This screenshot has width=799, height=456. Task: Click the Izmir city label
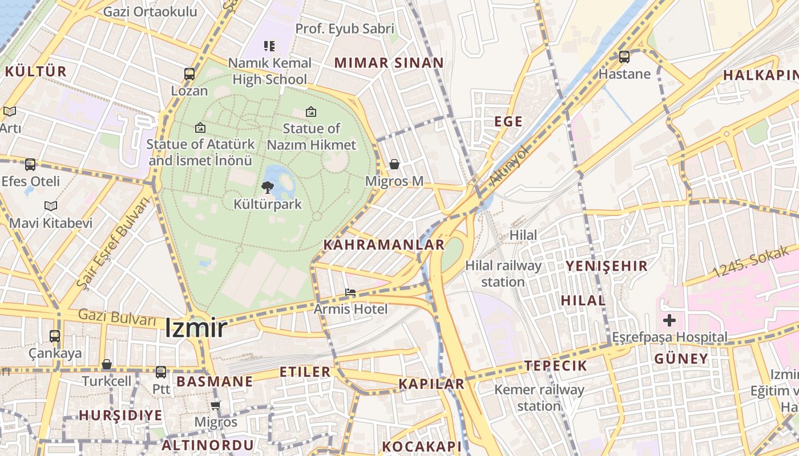click(x=196, y=328)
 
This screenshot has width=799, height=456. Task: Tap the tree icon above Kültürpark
click(x=267, y=187)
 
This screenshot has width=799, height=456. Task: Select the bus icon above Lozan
click(x=189, y=74)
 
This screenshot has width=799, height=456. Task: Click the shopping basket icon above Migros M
click(x=394, y=164)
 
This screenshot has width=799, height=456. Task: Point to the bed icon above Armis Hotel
click(x=350, y=292)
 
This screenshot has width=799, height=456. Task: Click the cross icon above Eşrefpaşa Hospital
click(x=669, y=320)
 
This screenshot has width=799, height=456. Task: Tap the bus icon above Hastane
click(x=624, y=56)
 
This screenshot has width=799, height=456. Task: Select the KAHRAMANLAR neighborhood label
click(x=384, y=245)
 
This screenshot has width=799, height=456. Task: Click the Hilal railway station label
click(x=503, y=274)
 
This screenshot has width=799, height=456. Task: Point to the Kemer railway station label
click(x=539, y=398)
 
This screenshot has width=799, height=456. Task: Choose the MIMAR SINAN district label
click(x=389, y=63)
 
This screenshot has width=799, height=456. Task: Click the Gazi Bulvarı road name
click(x=117, y=318)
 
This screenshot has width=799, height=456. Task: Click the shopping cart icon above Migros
click(x=215, y=405)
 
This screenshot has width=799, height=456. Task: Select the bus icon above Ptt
click(x=161, y=372)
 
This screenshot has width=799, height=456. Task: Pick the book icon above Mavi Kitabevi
click(x=51, y=206)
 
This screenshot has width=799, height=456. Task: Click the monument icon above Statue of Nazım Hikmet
click(x=311, y=111)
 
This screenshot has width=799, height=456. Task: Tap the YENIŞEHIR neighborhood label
click(x=606, y=266)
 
